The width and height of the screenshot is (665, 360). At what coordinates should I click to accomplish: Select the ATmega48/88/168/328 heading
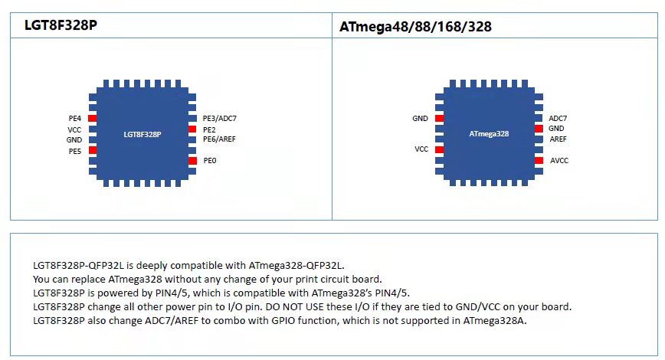414,27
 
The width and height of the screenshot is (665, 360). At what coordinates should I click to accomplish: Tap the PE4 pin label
74,119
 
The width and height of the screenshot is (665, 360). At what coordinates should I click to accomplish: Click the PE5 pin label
74,151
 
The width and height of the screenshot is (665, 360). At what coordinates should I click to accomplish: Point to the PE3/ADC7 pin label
219,119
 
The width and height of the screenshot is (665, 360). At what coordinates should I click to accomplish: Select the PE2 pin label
209,129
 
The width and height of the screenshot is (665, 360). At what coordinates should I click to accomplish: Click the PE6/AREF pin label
219,139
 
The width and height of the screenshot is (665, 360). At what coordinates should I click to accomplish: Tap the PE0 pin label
209,161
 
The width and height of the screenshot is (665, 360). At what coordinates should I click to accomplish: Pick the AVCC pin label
559,161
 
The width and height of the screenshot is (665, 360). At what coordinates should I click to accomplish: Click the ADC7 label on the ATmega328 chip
558,119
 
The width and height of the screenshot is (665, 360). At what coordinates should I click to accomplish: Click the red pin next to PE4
92,119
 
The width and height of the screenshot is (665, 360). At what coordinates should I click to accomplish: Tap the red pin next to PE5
92,150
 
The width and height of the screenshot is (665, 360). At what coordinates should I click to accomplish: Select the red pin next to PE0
193,161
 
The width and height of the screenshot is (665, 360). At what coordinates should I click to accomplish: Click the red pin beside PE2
193,129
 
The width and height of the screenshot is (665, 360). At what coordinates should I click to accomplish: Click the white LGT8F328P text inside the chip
142,134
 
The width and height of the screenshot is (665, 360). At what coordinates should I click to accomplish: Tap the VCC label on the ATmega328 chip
421,149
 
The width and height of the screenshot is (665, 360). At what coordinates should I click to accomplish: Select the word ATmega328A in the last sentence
495,320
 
